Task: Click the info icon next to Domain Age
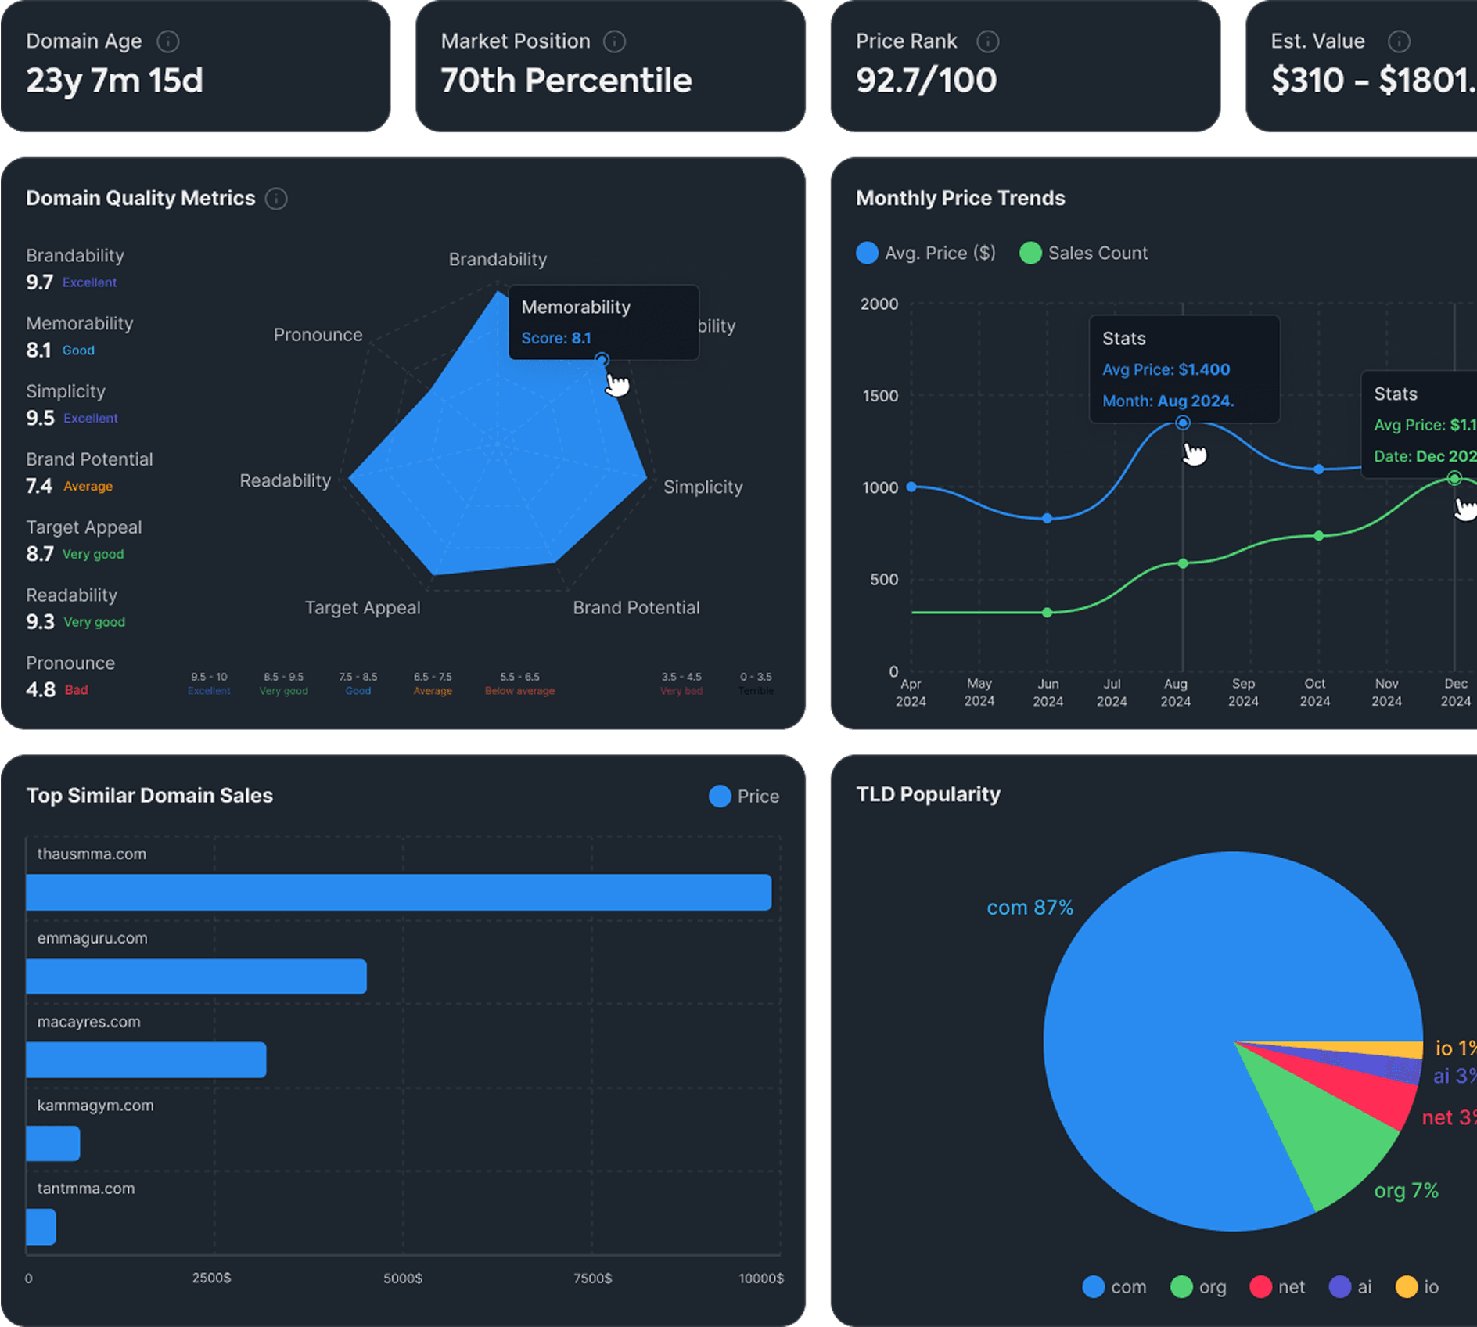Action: pos(167,41)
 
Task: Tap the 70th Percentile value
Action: pos(566,81)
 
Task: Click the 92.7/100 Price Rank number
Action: pos(925,81)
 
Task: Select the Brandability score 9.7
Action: pos(39,282)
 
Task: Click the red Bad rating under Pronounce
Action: pos(76,690)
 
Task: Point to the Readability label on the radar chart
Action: pos(285,480)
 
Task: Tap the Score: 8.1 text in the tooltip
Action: pos(555,338)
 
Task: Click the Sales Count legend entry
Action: pos(1083,254)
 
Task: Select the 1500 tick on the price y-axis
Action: pos(880,396)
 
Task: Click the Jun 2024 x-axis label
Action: pos(1048,692)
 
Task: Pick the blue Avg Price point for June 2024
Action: pos(1048,518)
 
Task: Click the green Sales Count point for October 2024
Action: pos(1319,536)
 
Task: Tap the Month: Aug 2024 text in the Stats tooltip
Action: pos(1167,401)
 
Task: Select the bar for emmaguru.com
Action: pos(196,976)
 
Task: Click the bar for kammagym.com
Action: pos(52,1143)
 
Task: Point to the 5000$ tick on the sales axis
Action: pos(402,1278)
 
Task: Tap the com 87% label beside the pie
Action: pos(1029,908)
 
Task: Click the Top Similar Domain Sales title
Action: pos(149,796)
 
